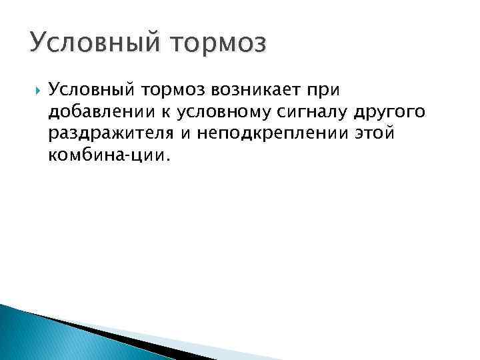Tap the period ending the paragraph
168,160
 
